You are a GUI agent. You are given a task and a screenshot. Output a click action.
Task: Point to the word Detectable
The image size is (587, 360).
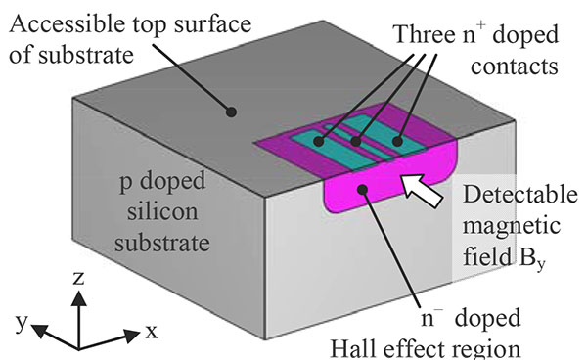[523, 193]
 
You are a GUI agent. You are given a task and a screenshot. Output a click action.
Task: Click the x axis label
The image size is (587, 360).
[153, 332]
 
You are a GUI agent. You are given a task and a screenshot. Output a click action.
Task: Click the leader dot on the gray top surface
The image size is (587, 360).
[232, 112]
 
